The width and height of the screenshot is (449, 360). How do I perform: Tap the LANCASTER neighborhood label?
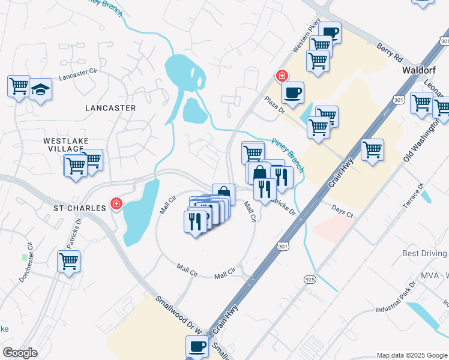tap(110, 108)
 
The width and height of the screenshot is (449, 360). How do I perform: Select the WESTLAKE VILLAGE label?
tap(66, 145)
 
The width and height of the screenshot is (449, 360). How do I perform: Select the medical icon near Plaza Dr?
tap(281, 76)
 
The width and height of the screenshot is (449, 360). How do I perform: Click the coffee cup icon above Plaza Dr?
tap(292, 92)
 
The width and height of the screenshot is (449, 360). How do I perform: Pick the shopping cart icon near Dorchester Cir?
tap(69, 261)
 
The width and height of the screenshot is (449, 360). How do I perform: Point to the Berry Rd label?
tap(390, 53)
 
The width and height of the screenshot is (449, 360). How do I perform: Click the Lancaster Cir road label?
tap(77, 74)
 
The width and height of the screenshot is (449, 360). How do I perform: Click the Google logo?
tap(20, 353)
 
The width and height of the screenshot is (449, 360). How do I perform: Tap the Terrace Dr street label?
tap(413, 203)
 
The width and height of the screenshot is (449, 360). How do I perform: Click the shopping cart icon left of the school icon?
tap(19, 85)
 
